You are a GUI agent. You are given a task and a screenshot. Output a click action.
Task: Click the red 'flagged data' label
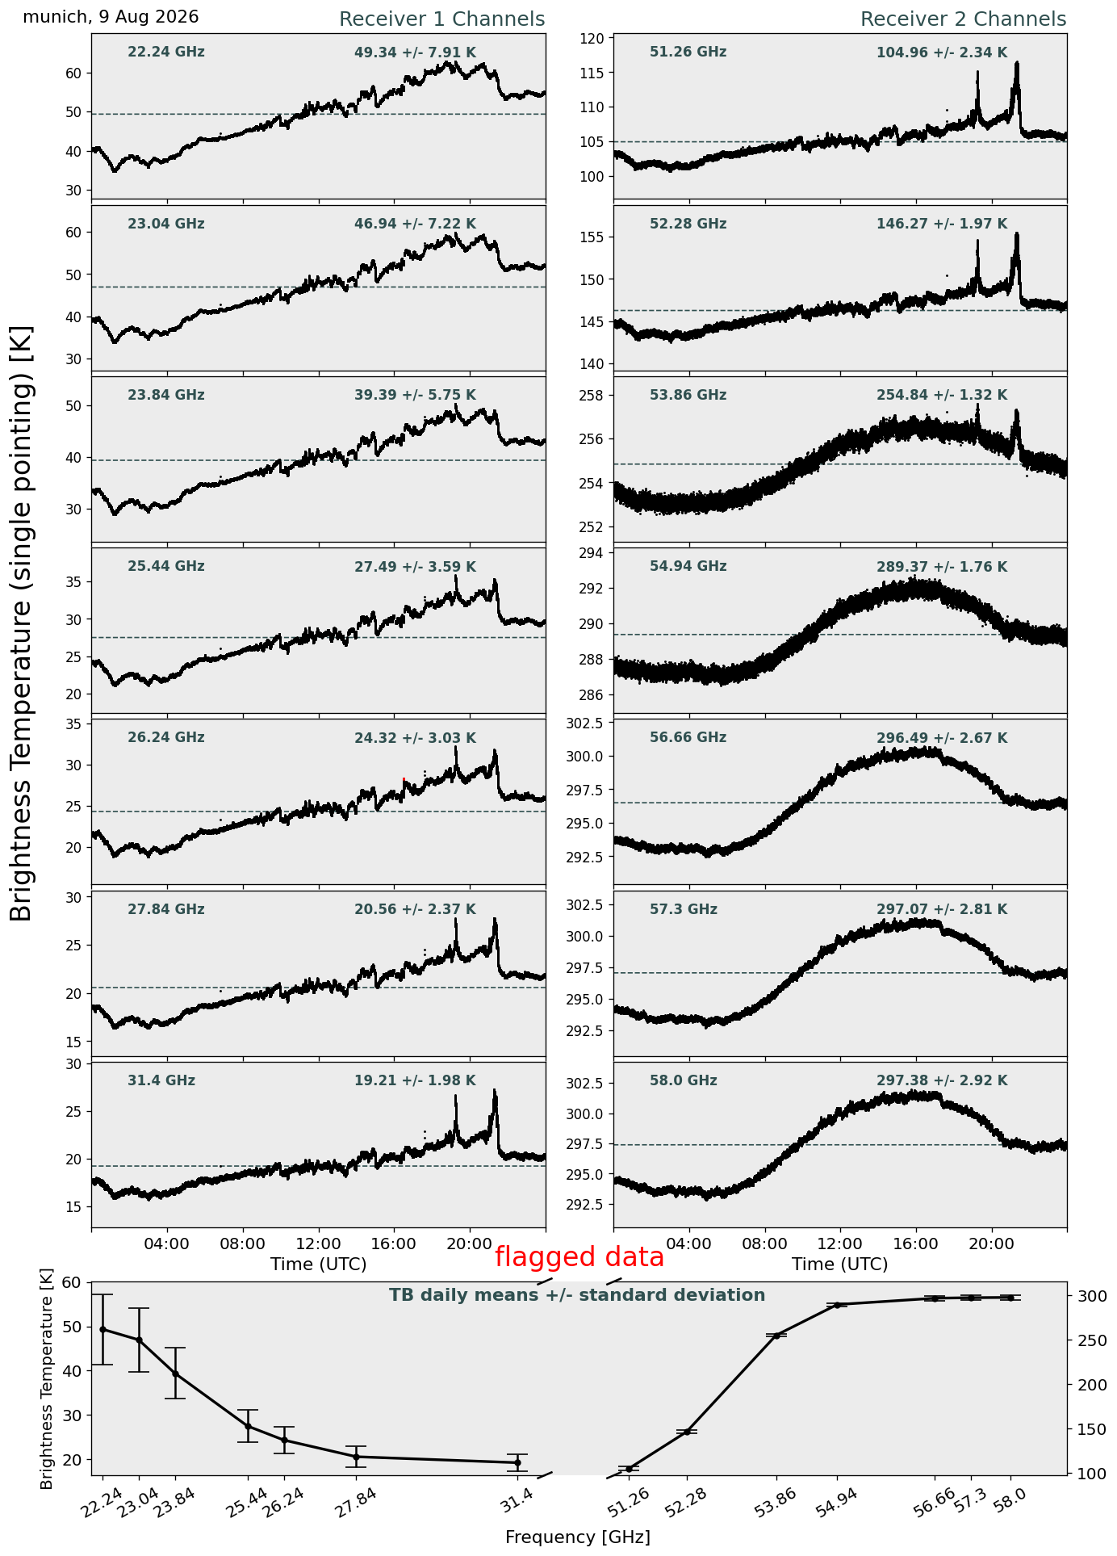(579, 1257)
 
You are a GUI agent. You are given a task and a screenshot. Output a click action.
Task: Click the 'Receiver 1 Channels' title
(441, 19)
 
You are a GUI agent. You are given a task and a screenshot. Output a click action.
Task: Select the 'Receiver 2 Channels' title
(964, 19)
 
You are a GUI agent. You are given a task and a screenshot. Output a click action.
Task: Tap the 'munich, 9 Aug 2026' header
(111, 17)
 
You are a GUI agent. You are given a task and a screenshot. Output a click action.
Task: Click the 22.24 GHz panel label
(166, 52)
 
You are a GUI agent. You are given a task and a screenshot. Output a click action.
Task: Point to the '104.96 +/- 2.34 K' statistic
(942, 53)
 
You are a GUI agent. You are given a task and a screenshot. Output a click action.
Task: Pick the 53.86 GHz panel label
(688, 396)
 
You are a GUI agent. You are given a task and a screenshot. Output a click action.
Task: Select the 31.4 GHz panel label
(161, 1080)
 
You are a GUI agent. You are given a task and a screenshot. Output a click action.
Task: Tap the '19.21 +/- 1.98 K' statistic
(415, 1081)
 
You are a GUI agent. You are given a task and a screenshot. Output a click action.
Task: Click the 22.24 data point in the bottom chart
(102, 1329)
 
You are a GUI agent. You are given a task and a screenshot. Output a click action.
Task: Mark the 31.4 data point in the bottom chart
(517, 1462)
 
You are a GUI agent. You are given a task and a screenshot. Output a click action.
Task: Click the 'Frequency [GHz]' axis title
(578, 1537)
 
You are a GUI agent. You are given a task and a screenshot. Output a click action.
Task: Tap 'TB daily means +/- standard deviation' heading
(577, 1296)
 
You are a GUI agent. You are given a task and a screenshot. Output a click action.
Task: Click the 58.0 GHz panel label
(683, 1080)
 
